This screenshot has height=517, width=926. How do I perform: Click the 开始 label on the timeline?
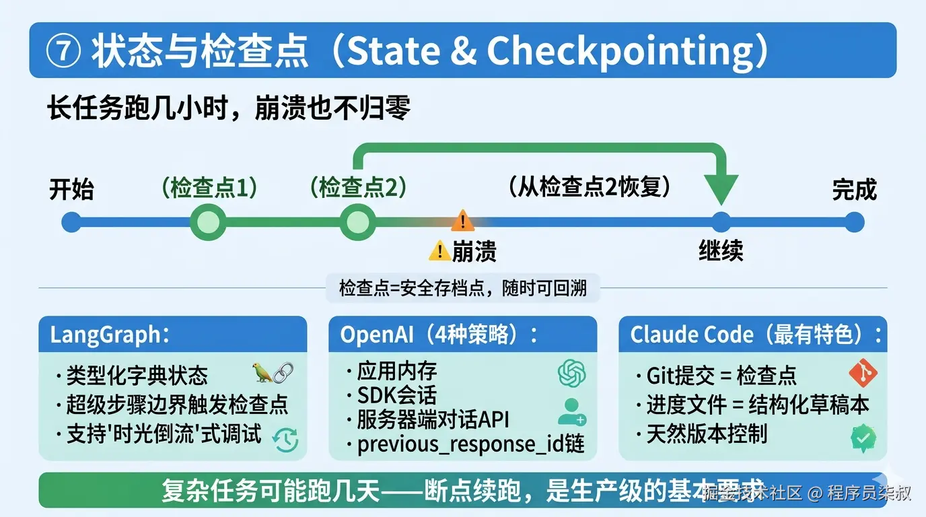[x=71, y=189]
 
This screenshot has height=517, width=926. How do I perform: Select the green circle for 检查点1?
[x=207, y=222]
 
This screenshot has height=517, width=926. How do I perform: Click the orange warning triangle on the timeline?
[x=462, y=219]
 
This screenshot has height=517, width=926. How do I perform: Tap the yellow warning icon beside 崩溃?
[x=439, y=251]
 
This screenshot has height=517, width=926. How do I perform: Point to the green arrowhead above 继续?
[x=720, y=188]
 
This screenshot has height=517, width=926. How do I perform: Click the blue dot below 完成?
[x=854, y=222]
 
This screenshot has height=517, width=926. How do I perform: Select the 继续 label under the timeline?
[x=720, y=251]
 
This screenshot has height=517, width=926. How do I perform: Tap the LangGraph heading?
[x=106, y=335]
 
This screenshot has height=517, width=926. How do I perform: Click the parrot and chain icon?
[x=273, y=373]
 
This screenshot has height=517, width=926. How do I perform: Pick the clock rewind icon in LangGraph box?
[x=285, y=439]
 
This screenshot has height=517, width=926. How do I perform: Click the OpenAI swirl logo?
[x=571, y=373]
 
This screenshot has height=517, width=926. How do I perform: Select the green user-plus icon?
[x=571, y=411]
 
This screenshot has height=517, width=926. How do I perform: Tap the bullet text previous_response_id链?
[x=470, y=444]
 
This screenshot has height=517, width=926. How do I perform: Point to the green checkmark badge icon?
[x=863, y=438]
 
